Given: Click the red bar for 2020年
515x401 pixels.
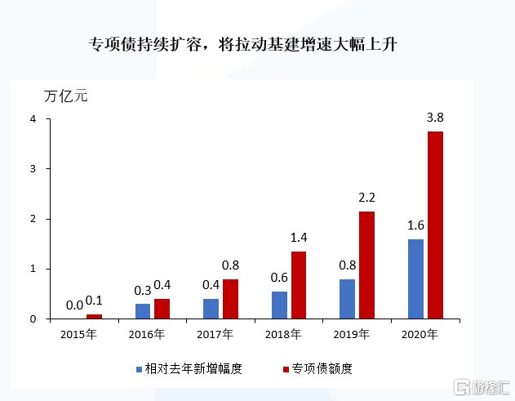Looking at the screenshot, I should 435,225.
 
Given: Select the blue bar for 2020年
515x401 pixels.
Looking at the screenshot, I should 415,278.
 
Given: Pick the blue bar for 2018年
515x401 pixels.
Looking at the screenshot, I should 279,305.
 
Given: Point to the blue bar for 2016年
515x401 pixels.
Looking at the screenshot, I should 143,311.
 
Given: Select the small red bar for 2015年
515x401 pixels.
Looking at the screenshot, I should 95,316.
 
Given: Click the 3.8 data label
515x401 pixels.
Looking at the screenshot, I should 435,118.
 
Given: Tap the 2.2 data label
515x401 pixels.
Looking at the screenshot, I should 367,198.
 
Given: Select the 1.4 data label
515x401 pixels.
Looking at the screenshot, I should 300,238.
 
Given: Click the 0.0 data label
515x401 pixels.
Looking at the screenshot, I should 74,305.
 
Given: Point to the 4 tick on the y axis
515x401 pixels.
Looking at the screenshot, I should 33,119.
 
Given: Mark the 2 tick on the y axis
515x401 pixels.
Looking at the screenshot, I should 33,219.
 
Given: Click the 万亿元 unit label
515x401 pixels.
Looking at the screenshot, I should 64,95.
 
